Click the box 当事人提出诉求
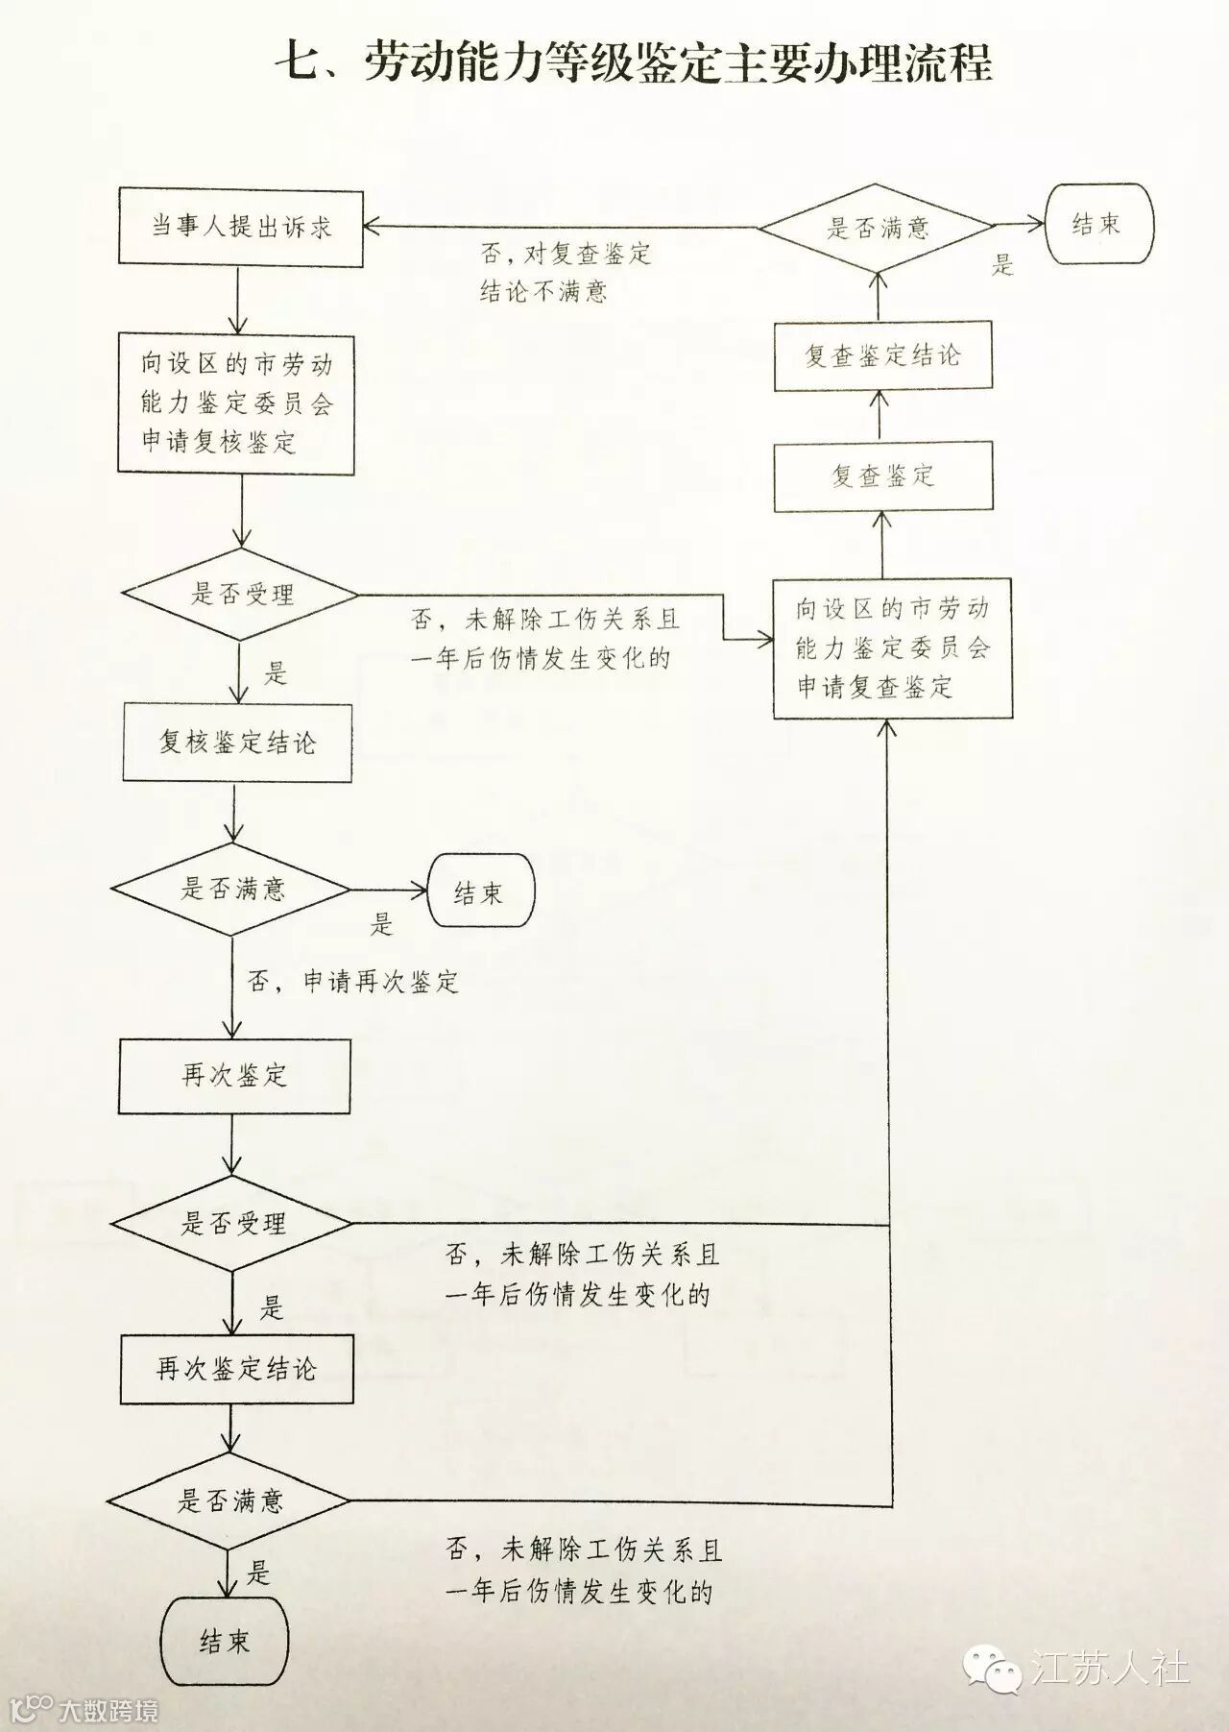(x=240, y=227)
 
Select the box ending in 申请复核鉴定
(x=236, y=403)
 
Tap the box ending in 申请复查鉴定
(x=893, y=648)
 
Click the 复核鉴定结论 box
(x=237, y=743)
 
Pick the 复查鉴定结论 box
(x=882, y=356)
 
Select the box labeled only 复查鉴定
(x=882, y=476)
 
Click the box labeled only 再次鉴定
(x=234, y=1075)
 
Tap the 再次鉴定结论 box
(x=236, y=1369)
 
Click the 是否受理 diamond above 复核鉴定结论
(x=241, y=595)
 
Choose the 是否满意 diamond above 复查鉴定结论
(x=878, y=228)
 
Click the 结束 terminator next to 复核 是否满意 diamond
(x=479, y=893)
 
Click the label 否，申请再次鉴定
(x=353, y=982)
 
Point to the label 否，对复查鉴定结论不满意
(x=565, y=272)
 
